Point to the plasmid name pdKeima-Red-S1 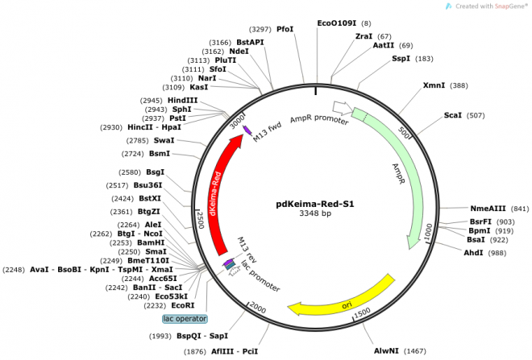point(314,203)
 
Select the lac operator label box point(185,318)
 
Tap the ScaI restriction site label point(452,115)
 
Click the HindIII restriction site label point(182,100)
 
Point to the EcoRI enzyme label point(183,305)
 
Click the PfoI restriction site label point(285,29)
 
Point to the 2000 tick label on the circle point(257,307)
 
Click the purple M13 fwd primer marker point(247,130)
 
